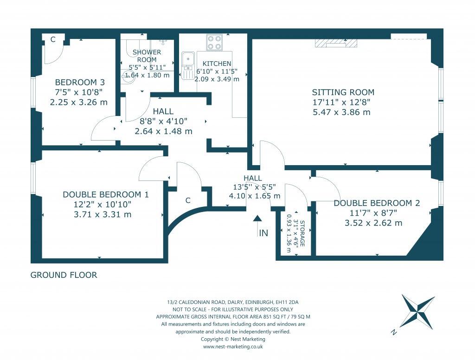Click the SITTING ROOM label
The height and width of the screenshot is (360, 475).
343,92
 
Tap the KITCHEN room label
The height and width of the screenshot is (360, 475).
217,64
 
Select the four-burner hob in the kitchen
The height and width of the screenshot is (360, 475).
214,42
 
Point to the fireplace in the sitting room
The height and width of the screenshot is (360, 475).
336,43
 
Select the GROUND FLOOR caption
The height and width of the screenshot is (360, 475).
64,275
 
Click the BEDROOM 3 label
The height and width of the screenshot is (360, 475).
80,82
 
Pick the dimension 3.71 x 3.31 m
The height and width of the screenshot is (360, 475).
103,214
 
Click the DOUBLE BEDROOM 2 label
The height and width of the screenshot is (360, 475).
377,203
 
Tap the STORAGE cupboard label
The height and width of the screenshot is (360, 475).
302,233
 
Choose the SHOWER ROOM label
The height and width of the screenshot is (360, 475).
147,56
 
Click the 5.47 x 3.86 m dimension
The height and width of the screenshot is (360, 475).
341,112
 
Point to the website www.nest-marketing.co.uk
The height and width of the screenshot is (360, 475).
233,347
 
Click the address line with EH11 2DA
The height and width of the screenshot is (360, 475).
233,302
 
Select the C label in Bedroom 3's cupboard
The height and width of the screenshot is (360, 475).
53,39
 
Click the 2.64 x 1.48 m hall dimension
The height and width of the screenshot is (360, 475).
163,131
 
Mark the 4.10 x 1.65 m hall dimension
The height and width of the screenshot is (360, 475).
255,196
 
